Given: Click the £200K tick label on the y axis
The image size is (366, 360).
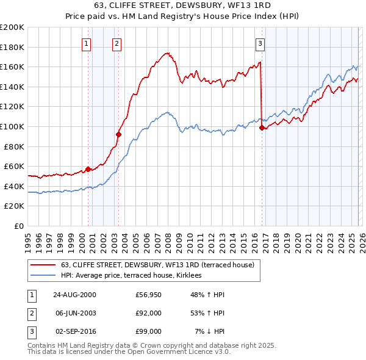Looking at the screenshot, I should point(12,27).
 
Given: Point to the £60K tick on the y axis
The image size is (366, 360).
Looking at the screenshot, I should point(14,166).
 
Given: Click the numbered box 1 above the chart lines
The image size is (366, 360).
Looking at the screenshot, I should point(87,43).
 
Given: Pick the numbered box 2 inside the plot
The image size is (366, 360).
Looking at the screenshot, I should point(117,43).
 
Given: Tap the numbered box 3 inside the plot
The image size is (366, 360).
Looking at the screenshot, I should point(260,43).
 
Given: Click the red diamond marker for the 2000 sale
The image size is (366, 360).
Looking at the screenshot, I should point(88,169).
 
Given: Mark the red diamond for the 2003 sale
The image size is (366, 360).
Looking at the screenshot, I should point(118,134).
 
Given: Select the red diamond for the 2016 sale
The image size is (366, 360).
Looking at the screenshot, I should point(262,128).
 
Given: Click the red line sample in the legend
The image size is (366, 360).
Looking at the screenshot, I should point(43,265).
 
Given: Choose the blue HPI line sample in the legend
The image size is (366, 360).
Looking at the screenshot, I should point(43,276).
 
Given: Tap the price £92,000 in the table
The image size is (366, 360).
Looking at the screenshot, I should point(148,313).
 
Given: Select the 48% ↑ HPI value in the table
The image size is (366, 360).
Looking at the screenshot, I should point(207,295).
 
